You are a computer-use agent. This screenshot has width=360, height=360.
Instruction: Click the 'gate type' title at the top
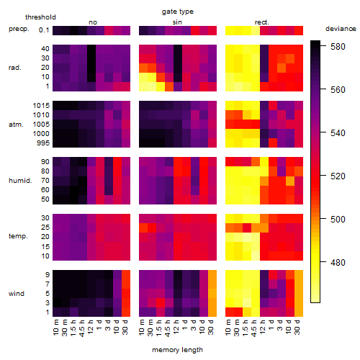click(178, 12)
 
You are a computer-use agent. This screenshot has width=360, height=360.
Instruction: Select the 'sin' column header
click(177, 22)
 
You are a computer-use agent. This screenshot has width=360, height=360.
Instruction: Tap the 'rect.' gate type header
click(262, 22)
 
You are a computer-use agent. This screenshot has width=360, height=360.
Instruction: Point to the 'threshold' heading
click(40, 17)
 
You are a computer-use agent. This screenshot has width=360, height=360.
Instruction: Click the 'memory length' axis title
click(177, 350)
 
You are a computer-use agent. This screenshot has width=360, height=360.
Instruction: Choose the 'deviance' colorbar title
click(341, 29)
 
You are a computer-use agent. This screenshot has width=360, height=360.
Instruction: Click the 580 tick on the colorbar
click(338, 47)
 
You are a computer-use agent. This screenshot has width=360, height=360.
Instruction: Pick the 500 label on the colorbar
click(338, 219)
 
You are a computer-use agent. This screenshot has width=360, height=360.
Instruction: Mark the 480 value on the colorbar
click(338, 262)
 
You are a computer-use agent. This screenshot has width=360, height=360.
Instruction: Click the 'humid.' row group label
click(20, 181)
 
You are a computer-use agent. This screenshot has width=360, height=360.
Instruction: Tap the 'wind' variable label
click(17, 294)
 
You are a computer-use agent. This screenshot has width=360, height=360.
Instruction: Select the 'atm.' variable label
click(16, 125)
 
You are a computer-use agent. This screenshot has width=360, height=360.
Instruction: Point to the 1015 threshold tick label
click(41, 106)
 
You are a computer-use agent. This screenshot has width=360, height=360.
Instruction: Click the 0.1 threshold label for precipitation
click(44, 30)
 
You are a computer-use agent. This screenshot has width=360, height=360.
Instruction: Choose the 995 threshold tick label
click(43, 143)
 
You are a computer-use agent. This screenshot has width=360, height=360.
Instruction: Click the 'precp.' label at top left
click(19, 29)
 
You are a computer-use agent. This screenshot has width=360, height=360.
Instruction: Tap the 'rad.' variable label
click(15, 68)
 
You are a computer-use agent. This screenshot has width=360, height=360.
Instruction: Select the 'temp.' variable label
click(18, 236)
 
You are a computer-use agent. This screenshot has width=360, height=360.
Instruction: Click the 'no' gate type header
click(93, 22)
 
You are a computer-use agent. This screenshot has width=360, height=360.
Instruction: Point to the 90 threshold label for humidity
click(45, 162)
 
